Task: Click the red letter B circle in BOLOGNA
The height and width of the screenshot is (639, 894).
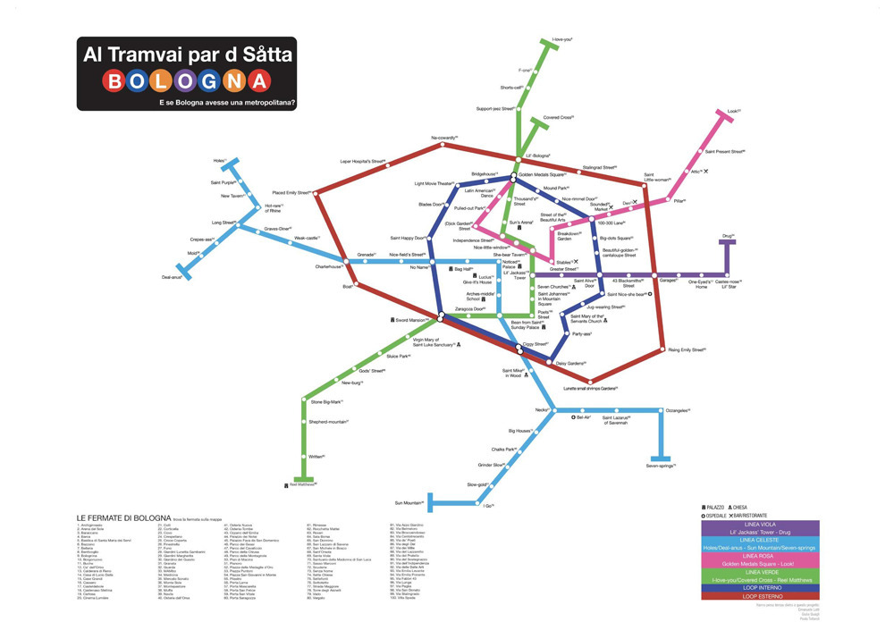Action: pyautogui.click(x=115, y=82)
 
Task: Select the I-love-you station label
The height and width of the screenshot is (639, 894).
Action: pyautogui.click(x=562, y=40)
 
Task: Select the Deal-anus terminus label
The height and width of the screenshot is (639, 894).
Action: pyautogui.click(x=173, y=277)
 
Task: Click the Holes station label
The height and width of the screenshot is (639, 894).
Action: pyautogui.click(x=220, y=161)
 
